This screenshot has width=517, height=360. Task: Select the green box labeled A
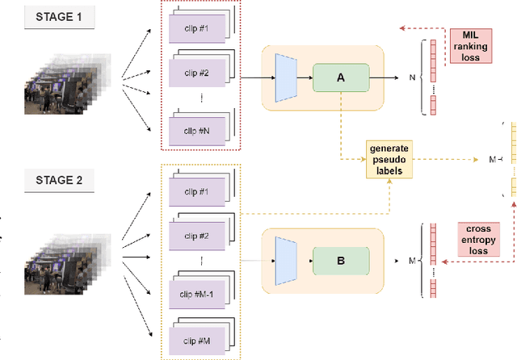coord(340,78)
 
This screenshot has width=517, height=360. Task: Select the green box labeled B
coord(340,261)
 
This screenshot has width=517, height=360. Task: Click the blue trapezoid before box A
coord(286,78)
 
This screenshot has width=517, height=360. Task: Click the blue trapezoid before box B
coord(286,261)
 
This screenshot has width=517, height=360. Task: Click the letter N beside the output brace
coord(412,78)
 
